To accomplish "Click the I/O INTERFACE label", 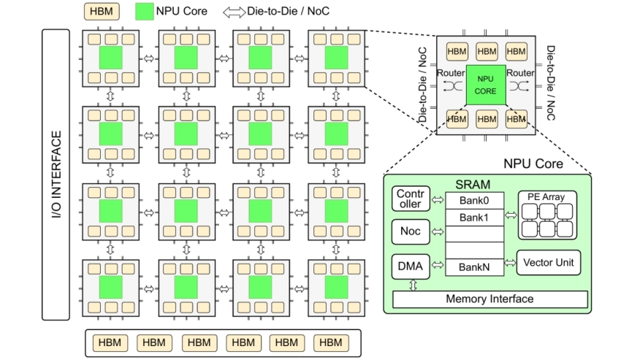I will click(x=56, y=175).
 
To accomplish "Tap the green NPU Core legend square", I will click(x=144, y=12).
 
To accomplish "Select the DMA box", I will click(x=410, y=267).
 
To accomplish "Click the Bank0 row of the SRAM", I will click(x=474, y=200).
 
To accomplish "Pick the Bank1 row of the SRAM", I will click(x=474, y=218).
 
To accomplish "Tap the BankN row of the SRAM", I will click(x=474, y=267).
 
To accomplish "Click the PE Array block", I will click(x=546, y=215).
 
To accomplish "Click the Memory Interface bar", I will click(x=489, y=299).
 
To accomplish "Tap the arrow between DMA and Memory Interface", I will click(x=413, y=286).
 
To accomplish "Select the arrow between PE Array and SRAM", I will click(x=510, y=216).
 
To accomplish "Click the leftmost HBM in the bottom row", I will click(x=110, y=342).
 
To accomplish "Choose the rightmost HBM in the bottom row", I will click(x=330, y=342).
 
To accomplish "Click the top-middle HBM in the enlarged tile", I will click(x=487, y=51).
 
